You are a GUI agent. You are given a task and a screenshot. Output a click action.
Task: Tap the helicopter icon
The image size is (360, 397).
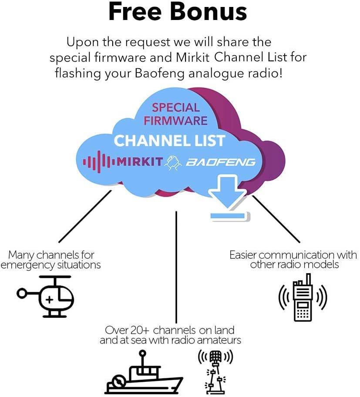point(47,296)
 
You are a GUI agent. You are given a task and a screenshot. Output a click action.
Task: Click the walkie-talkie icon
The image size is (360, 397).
point(303,297)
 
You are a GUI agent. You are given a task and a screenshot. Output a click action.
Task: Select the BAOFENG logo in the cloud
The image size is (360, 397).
point(221,162)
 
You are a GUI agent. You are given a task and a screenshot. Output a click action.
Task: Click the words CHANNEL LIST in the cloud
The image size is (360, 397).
point(169,140)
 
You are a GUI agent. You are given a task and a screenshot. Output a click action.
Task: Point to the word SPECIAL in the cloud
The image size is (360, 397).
point(175,107)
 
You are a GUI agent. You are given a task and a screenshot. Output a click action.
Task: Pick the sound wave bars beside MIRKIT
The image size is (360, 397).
point(98,162)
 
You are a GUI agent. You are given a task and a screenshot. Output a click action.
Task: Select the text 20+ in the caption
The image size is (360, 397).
point(141,330)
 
